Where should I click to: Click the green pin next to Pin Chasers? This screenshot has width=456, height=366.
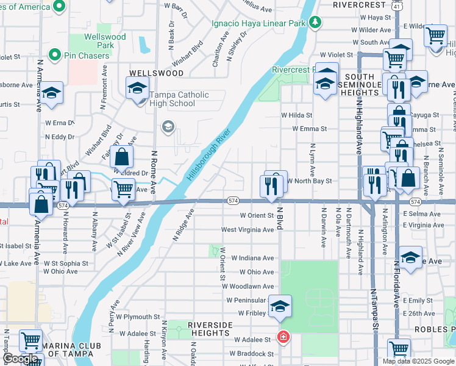point(54,56)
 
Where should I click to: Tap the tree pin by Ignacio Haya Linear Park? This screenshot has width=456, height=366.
point(315,23)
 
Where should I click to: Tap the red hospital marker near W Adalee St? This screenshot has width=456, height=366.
point(283,337)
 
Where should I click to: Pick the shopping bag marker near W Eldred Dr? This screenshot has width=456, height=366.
point(122,157)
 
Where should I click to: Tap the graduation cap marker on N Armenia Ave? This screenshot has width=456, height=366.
point(52,94)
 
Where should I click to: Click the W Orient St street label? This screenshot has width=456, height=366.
point(257,215)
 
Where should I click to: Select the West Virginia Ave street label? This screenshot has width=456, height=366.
point(248,230)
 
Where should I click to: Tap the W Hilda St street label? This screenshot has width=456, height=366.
point(296,115)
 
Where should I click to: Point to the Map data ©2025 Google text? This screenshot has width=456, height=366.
point(418,361)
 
